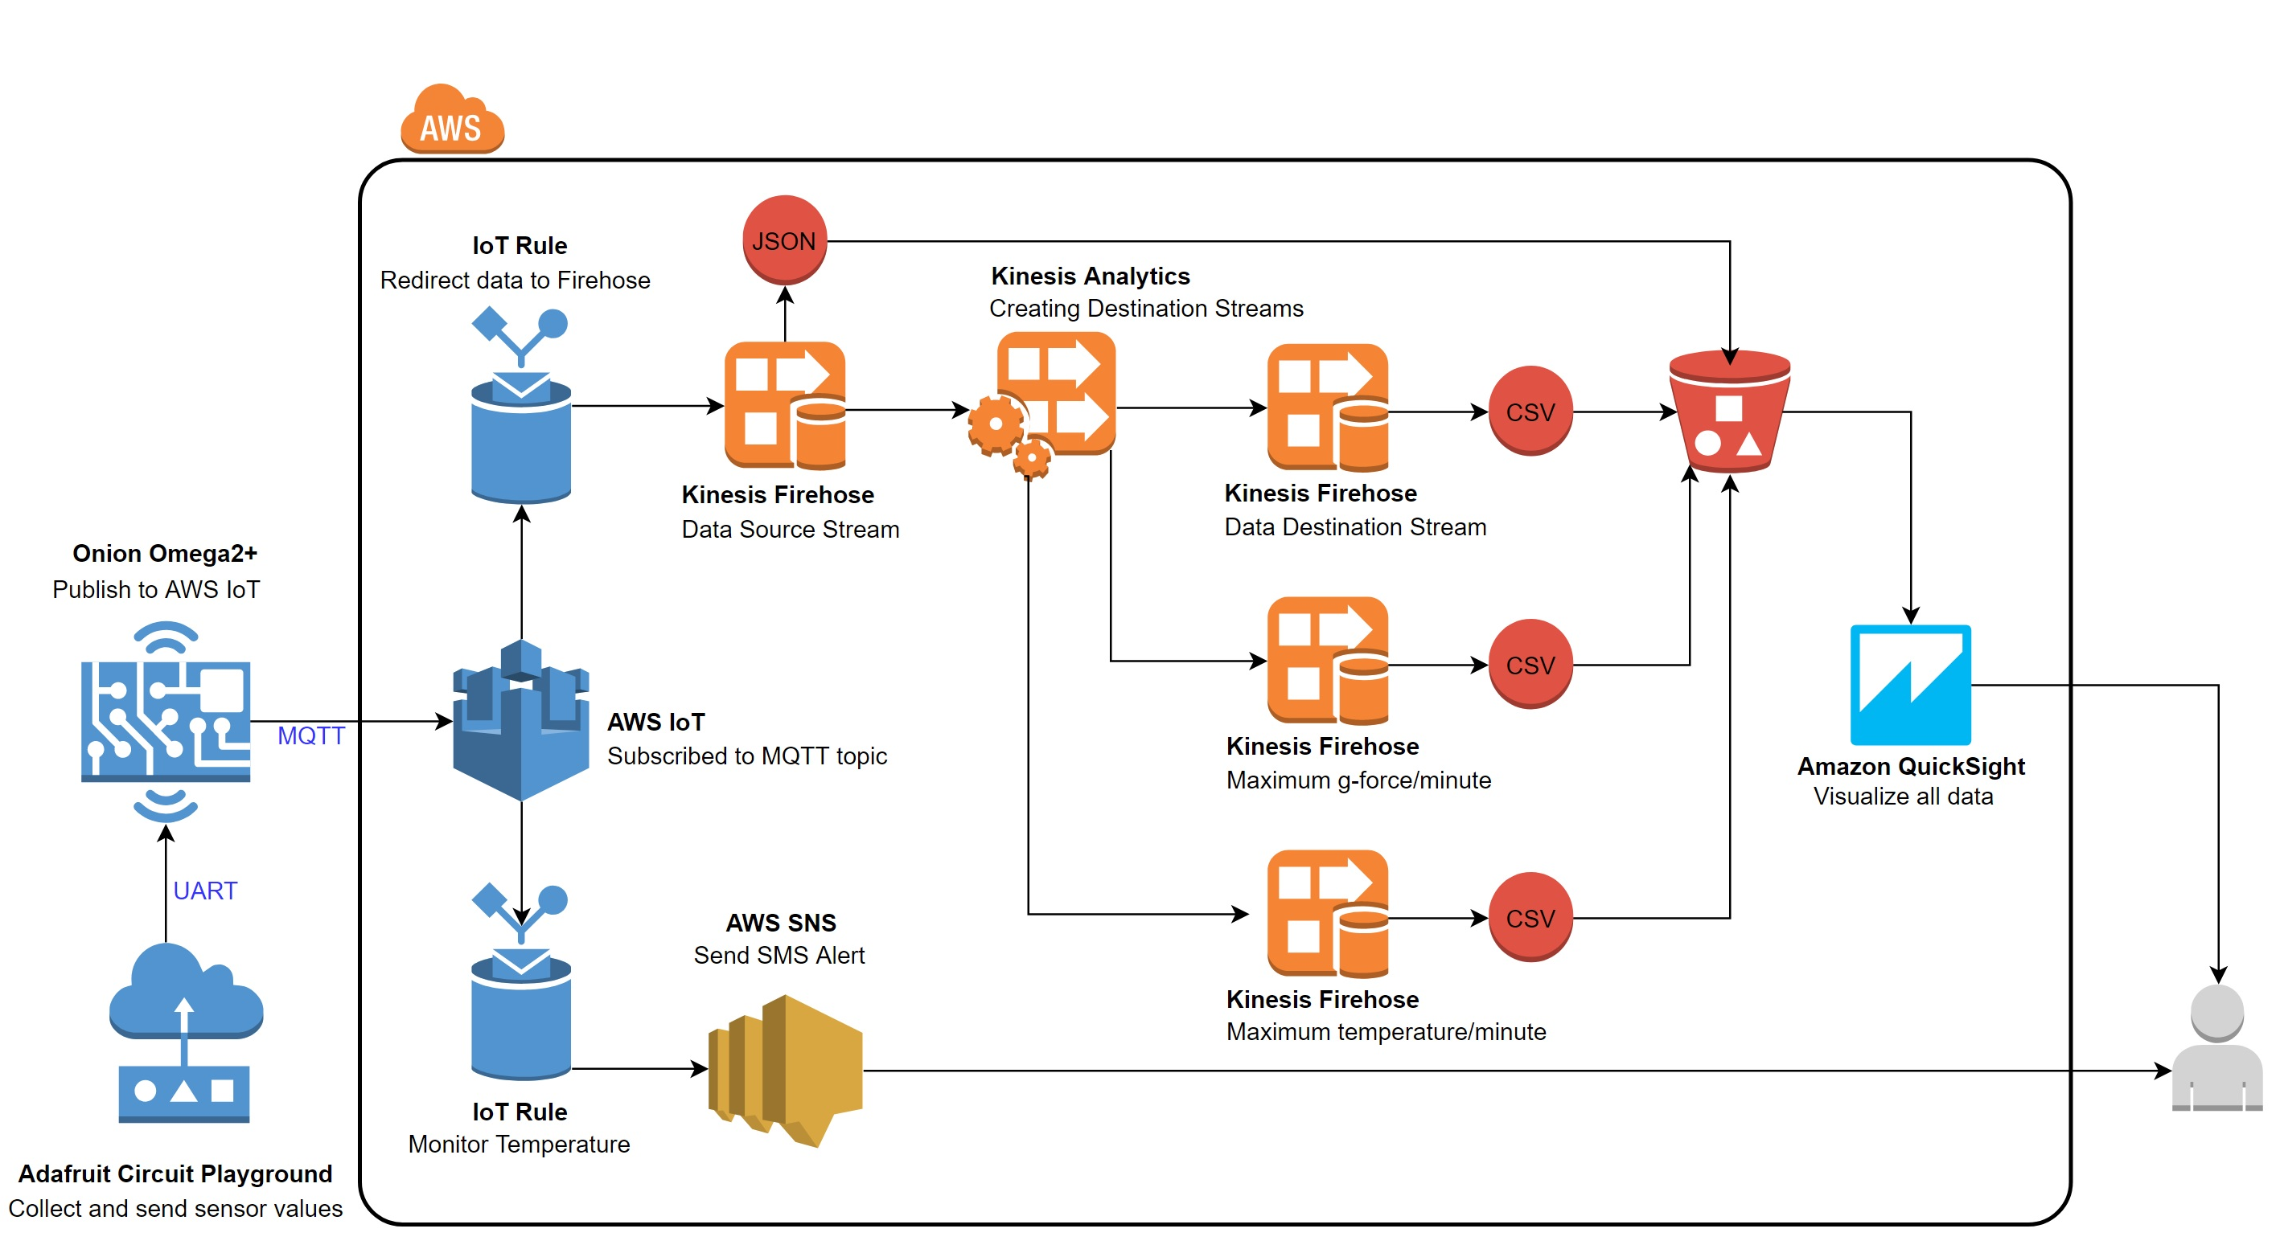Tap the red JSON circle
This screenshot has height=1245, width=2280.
(784, 240)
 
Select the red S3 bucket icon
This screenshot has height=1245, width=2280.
(1728, 412)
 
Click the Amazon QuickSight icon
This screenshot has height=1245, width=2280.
(1909, 685)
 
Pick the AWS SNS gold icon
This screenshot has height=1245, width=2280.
(786, 1069)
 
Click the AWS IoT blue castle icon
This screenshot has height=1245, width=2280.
(520, 720)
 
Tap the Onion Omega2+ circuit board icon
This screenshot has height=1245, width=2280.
(166, 720)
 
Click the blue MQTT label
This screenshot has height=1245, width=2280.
(310, 735)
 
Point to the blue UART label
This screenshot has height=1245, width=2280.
(205, 891)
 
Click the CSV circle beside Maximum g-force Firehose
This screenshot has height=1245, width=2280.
(1530, 665)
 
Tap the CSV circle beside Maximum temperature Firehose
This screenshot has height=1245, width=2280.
(1530, 918)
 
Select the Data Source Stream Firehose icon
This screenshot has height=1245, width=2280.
(785, 405)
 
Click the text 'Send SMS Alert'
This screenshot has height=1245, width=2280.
(778, 955)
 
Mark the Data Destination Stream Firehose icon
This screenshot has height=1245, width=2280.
(1327, 407)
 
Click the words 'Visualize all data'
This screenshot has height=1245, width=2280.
(1903, 797)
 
